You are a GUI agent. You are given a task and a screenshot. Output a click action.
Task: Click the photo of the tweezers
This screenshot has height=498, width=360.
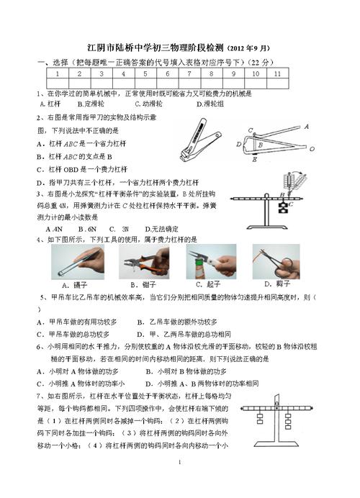(x=84, y=262)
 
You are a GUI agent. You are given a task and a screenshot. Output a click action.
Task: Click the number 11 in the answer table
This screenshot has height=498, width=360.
(x=276, y=73)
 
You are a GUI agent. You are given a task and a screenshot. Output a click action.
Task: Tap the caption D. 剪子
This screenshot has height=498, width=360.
(x=272, y=284)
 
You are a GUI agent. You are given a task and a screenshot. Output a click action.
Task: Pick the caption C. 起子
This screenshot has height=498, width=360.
(x=209, y=284)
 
